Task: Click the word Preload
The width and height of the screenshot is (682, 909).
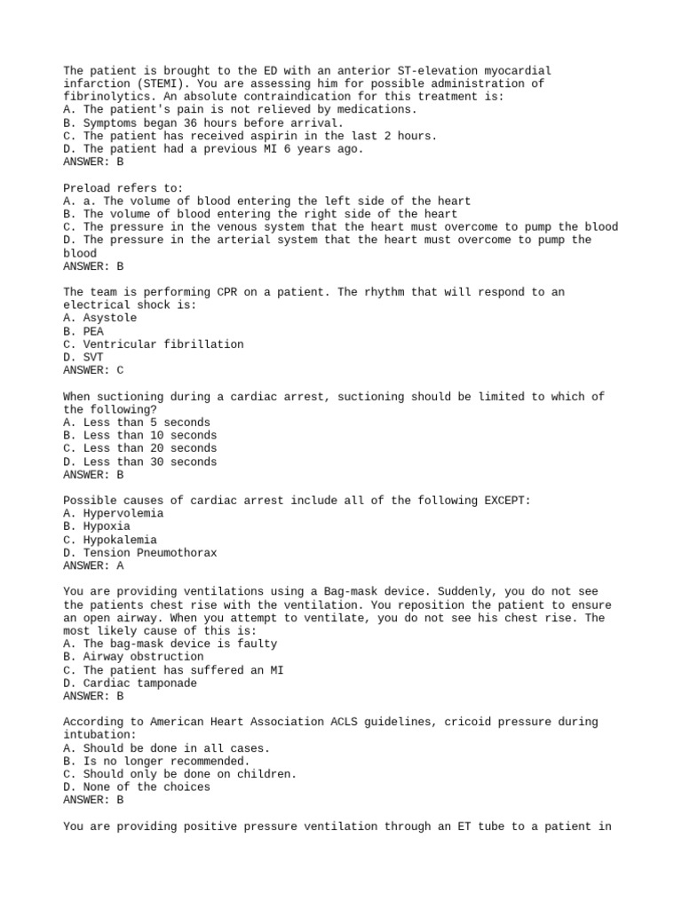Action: point(87,188)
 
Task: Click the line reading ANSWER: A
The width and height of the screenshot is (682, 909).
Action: point(93,565)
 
